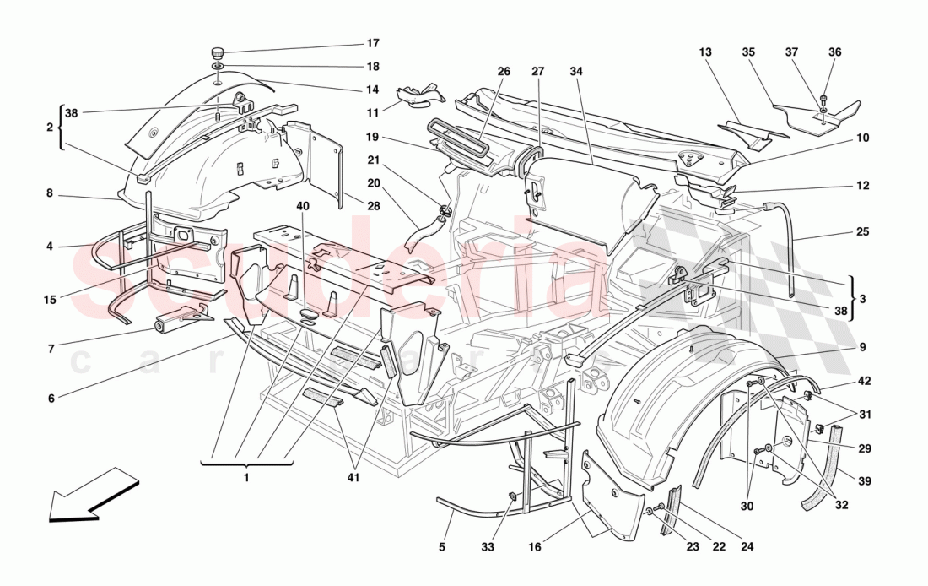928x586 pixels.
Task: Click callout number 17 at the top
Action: (x=372, y=43)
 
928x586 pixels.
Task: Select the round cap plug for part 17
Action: (x=217, y=51)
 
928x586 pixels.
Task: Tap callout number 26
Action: (x=504, y=72)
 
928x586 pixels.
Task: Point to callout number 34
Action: (x=576, y=72)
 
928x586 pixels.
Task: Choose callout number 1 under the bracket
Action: (x=246, y=478)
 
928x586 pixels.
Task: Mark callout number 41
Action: (x=355, y=478)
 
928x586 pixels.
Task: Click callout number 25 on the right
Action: (x=862, y=231)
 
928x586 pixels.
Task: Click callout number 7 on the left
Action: (x=51, y=348)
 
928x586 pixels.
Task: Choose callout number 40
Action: (x=303, y=205)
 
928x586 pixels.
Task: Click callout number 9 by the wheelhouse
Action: (x=862, y=346)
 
